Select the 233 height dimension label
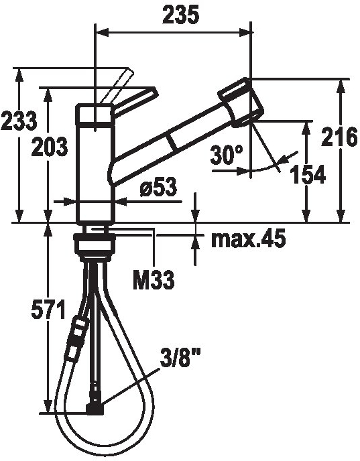tap(19, 121)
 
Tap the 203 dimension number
tap(50, 147)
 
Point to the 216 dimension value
tap(339, 137)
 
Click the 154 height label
tap(308, 174)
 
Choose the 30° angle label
tap(227, 155)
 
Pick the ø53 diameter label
tap(158, 187)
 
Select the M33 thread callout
tap(154, 280)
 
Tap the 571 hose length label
tap(48, 310)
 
